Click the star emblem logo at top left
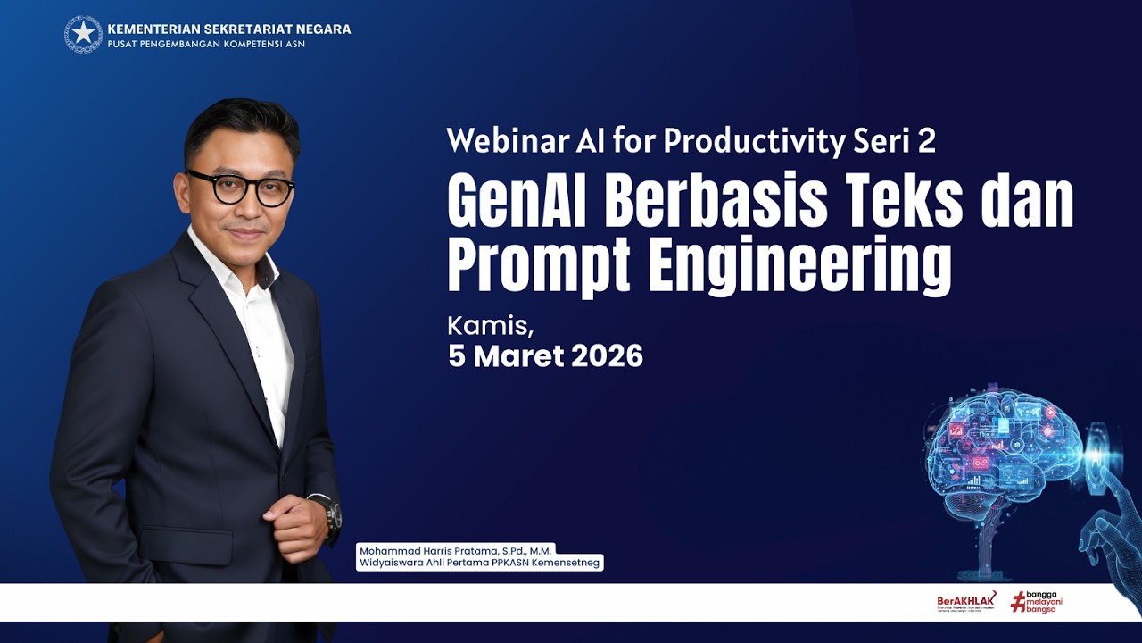pyautogui.click(x=83, y=34)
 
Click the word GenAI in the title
pyautogui.click(x=518, y=204)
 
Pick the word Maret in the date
pyautogui.click(x=518, y=356)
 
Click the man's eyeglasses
pyautogui.click(x=241, y=188)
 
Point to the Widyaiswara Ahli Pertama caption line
pyautogui.click(x=479, y=564)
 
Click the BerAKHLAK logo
pyautogui.click(x=966, y=601)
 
